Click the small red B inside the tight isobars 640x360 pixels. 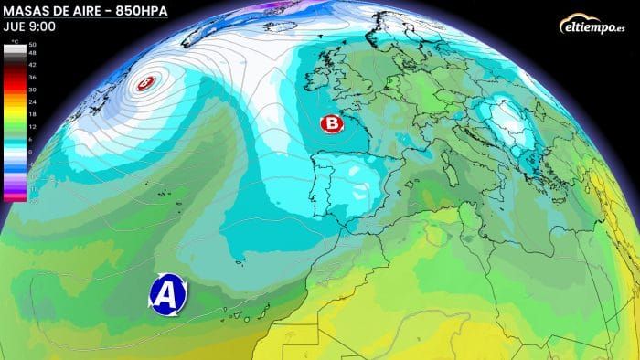144,84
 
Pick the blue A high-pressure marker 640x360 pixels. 168,293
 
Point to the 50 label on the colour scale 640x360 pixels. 33,45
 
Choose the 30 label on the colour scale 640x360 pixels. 33,89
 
